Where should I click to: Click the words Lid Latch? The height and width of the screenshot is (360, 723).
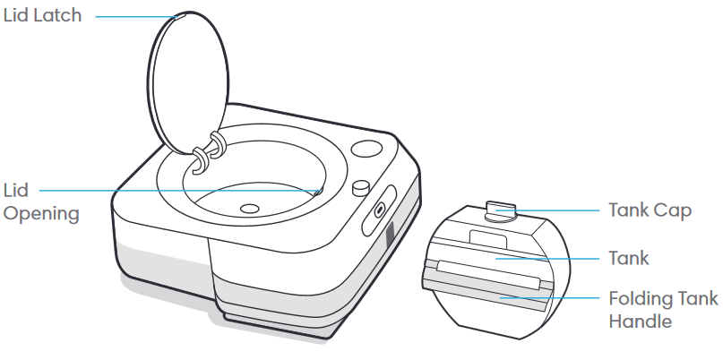(43, 16)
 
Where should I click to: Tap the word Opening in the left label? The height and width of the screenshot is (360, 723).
(41, 215)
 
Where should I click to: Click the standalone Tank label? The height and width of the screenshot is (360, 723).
(629, 258)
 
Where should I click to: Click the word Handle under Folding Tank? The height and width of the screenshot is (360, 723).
(641, 321)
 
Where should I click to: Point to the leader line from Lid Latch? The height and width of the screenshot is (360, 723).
(134, 16)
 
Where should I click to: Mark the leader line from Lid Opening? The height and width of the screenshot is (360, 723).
(179, 190)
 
